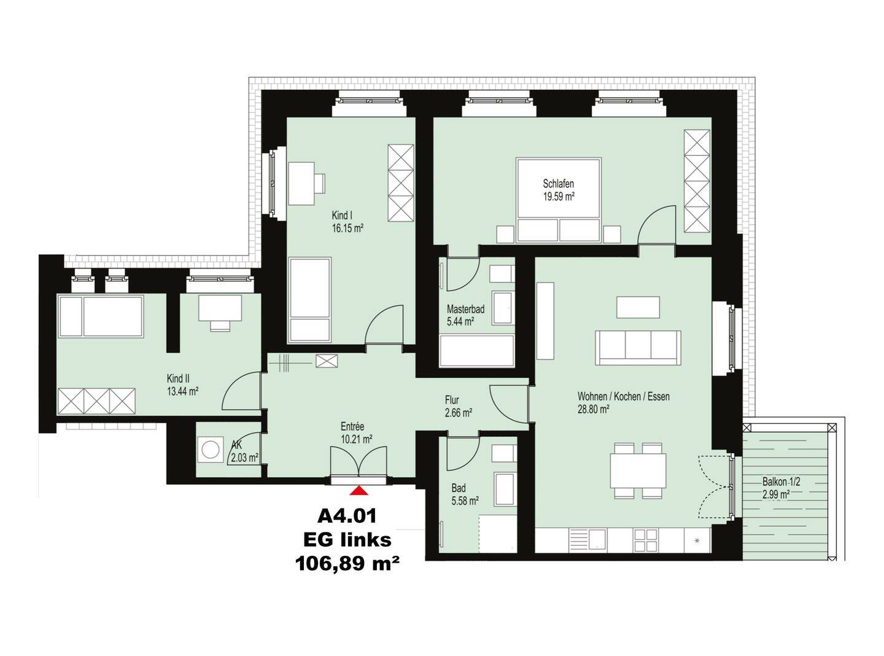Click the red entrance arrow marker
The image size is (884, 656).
pos(359,490)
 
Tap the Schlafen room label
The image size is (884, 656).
pos(559,184)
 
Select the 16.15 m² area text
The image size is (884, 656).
pos(347,228)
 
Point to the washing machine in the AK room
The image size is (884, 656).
pos(211,450)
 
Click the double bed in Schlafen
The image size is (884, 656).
pos(559,200)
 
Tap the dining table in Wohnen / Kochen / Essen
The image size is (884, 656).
pos(638,471)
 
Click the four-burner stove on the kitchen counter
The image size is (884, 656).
pos(646,540)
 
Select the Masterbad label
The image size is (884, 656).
pos(465,309)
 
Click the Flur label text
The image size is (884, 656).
pos(452,400)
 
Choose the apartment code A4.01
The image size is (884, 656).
pos(347,517)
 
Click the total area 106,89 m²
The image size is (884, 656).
pos(347,563)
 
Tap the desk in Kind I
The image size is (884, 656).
pos(301,184)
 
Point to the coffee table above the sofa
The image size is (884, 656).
pos(638,307)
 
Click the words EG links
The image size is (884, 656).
pos(347,540)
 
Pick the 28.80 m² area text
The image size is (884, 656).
pos(594,409)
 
